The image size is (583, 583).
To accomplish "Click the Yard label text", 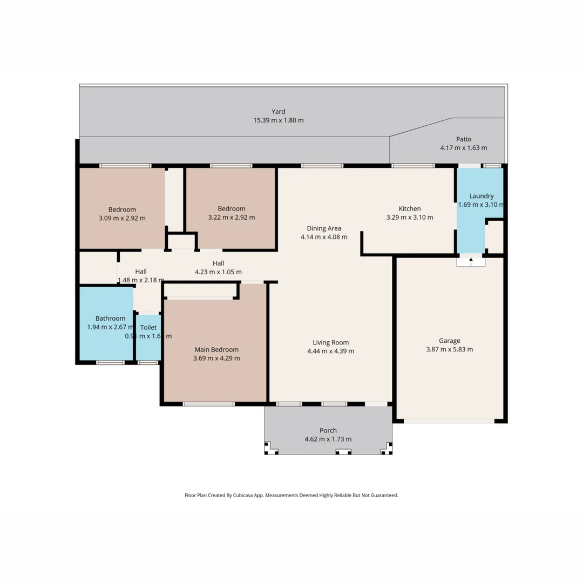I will click(x=279, y=112).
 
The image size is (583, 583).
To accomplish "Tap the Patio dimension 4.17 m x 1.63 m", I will click(x=464, y=148).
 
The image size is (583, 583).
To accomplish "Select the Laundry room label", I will click(x=482, y=196).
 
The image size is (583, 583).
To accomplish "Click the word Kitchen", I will click(x=410, y=209).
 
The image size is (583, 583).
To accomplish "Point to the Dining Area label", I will click(x=324, y=228).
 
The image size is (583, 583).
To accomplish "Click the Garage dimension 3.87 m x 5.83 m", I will click(x=449, y=349).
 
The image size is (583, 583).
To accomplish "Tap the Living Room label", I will click(x=330, y=342).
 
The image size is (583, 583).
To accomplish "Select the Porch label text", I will click(x=328, y=430).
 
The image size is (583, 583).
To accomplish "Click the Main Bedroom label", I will click(x=215, y=349).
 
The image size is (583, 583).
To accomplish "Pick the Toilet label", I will click(x=148, y=327).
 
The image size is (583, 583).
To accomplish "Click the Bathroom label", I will click(x=111, y=318).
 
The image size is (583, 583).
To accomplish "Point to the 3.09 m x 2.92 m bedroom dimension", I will click(x=122, y=218).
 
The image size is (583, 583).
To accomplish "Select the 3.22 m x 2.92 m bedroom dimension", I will click(x=232, y=218).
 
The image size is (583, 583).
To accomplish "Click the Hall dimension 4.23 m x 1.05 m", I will click(x=218, y=272).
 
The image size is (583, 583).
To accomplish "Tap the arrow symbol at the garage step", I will click(x=471, y=261).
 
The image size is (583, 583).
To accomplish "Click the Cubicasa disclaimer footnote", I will click(x=291, y=495).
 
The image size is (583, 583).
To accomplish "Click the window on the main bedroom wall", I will click(x=209, y=404).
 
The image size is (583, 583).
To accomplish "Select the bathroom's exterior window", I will click(x=110, y=363).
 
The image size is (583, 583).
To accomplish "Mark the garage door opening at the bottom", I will click(x=449, y=421).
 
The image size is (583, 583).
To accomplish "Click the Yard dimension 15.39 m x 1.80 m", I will click(x=279, y=120).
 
